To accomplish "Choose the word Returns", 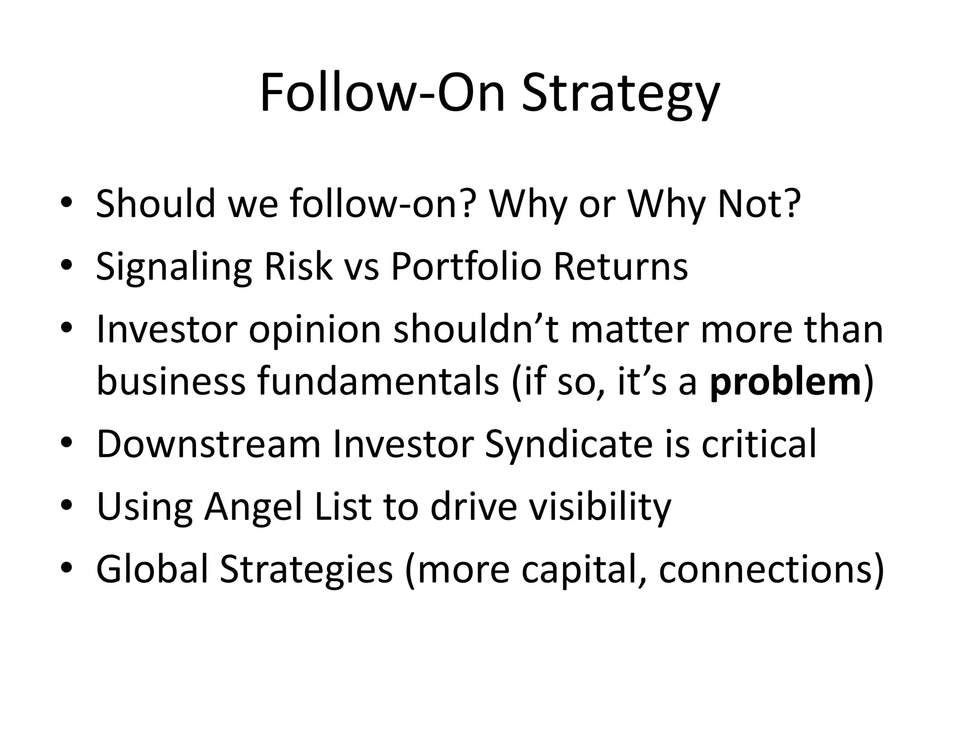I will click(x=620, y=266).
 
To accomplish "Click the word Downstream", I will click(x=208, y=444).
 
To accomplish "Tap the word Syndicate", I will click(x=568, y=444).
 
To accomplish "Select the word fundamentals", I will click(x=378, y=383).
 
